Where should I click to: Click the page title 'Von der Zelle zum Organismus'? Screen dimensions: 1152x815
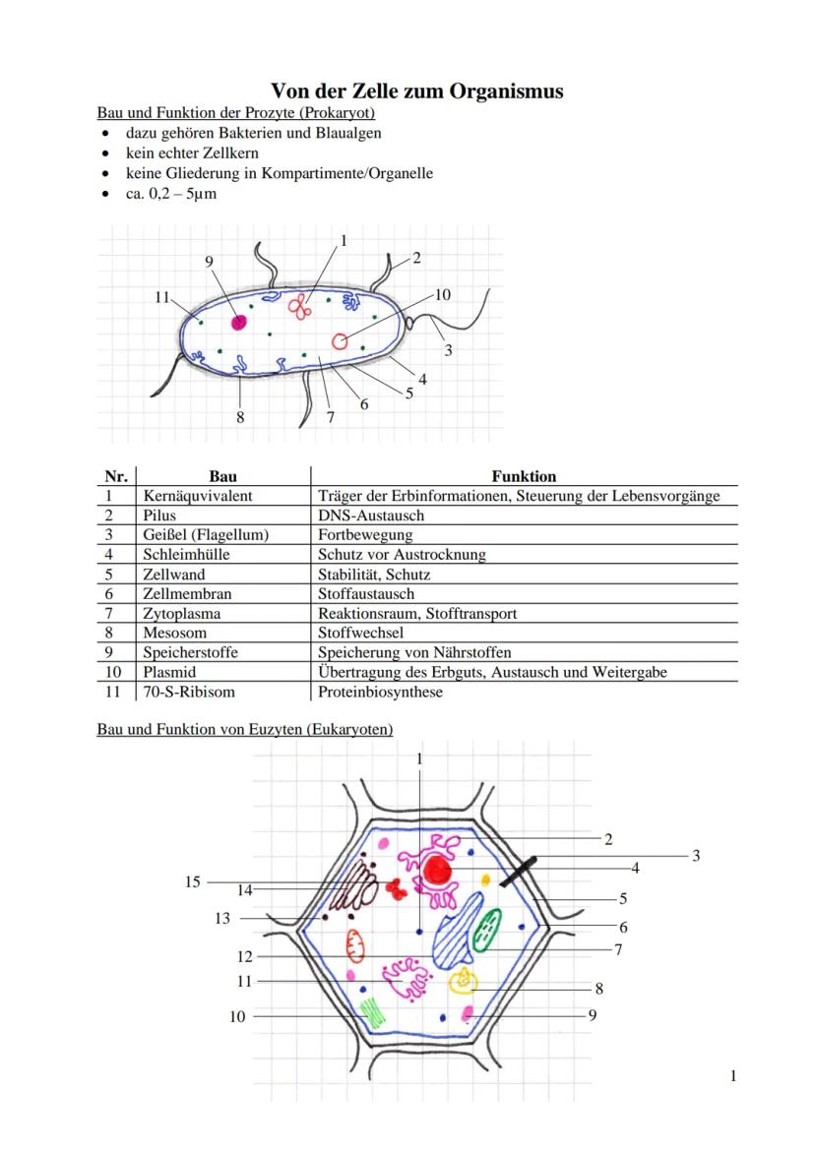(x=416, y=91)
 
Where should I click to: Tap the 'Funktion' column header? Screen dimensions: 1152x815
(x=524, y=476)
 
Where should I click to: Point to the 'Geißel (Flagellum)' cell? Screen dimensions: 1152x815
(x=206, y=535)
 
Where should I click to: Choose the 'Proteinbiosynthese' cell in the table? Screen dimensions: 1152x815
(x=380, y=692)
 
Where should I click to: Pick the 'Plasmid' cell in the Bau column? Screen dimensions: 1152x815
(x=169, y=672)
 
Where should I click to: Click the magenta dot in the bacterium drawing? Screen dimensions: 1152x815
(x=238, y=323)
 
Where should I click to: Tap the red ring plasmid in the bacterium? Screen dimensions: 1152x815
(x=341, y=341)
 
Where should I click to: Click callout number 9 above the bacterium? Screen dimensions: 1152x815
(x=209, y=261)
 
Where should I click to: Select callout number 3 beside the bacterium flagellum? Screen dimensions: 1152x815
(x=448, y=350)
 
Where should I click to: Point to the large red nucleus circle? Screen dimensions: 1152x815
(x=437, y=870)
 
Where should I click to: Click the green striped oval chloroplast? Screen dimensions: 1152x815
(x=486, y=930)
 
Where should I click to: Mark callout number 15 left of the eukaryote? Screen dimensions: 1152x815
(x=193, y=881)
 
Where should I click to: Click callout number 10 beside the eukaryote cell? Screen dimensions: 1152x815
(x=237, y=1016)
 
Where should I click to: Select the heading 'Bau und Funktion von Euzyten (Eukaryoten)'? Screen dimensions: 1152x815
(x=244, y=729)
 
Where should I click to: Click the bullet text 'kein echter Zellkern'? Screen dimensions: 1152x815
(x=192, y=153)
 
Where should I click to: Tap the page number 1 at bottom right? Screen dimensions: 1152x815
(x=733, y=1076)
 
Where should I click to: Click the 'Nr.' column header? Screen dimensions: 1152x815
(x=116, y=476)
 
